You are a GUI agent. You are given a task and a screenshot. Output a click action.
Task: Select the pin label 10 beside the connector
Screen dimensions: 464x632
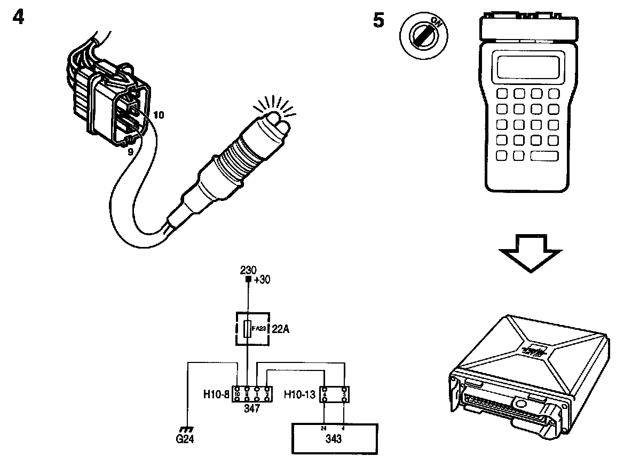click(x=159, y=115)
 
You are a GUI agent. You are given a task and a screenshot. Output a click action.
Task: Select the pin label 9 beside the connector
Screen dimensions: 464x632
click(x=130, y=151)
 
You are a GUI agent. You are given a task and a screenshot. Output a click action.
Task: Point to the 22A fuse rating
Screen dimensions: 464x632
click(x=281, y=329)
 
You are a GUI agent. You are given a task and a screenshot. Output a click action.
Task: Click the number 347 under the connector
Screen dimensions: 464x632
click(x=251, y=409)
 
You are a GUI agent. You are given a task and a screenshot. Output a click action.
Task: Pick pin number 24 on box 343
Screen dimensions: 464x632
click(x=323, y=427)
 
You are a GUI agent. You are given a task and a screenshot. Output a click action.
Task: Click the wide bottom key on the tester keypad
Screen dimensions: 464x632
click(x=544, y=156)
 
